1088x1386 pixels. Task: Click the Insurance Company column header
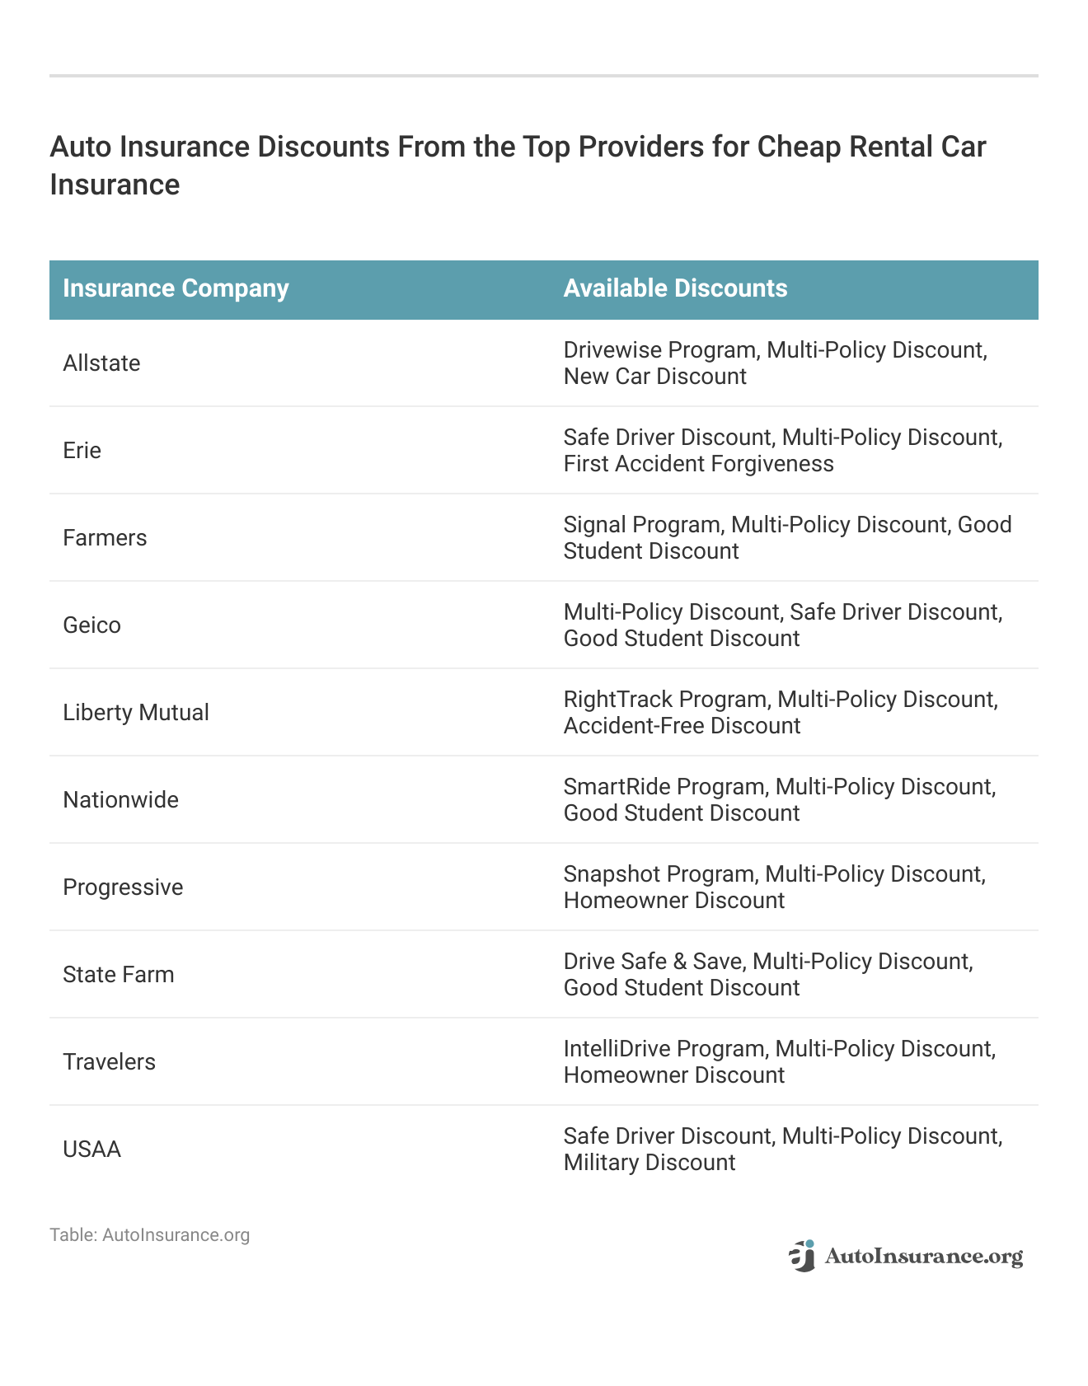tap(176, 288)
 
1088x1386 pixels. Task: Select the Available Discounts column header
tap(675, 288)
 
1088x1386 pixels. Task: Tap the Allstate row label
tap(101, 363)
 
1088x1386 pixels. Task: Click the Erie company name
tap(82, 451)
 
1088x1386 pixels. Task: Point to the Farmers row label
tap(105, 538)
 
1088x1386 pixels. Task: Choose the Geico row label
tap(91, 625)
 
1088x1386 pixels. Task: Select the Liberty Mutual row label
tap(136, 713)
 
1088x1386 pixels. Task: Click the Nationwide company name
tap(120, 800)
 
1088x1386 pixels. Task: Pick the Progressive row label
tap(123, 887)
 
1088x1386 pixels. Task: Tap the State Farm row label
tap(119, 975)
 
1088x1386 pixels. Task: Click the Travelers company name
tap(109, 1062)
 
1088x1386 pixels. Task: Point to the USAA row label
tap(91, 1150)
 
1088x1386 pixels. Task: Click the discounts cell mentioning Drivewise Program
tap(775, 363)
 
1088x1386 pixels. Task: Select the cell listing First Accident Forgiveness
tap(782, 451)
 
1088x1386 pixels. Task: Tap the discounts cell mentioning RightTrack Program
tap(781, 713)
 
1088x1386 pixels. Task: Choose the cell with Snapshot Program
tap(774, 887)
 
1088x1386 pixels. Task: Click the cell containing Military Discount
tap(782, 1150)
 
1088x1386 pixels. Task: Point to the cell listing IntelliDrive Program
tap(779, 1062)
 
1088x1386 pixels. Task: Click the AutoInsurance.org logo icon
tap(802, 1256)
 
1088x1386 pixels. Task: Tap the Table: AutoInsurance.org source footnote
tap(149, 1235)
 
